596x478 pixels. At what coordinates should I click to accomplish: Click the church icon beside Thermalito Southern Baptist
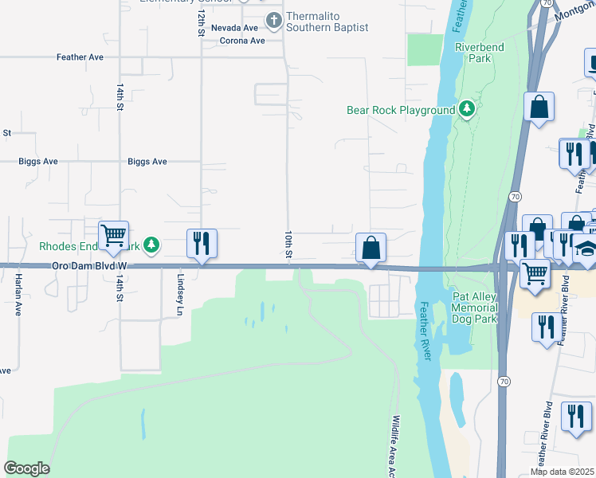tap(274, 21)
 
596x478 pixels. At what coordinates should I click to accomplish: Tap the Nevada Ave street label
tap(234, 28)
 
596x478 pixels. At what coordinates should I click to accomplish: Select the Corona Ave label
tap(241, 41)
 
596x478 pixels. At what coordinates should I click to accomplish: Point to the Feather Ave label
tap(80, 57)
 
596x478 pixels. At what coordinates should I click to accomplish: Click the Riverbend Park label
tap(480, 53)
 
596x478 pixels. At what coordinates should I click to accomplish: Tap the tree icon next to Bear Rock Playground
tap(467, 109)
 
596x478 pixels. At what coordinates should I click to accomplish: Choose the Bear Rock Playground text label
tap(400, 110)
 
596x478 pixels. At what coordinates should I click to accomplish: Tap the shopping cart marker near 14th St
tap(114, 234)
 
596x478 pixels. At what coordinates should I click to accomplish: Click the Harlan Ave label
tap(18, 294)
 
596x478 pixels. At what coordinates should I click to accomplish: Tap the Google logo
tap(26, 468)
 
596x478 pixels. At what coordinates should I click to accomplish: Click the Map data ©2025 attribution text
tap(562, 472)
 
